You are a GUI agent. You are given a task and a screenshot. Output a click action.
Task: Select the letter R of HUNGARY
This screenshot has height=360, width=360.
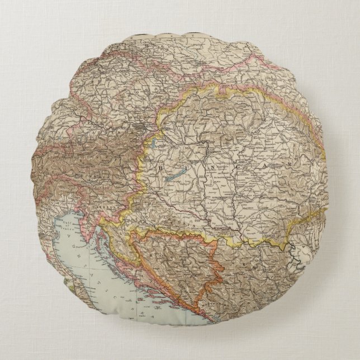[x=280, y=174]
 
